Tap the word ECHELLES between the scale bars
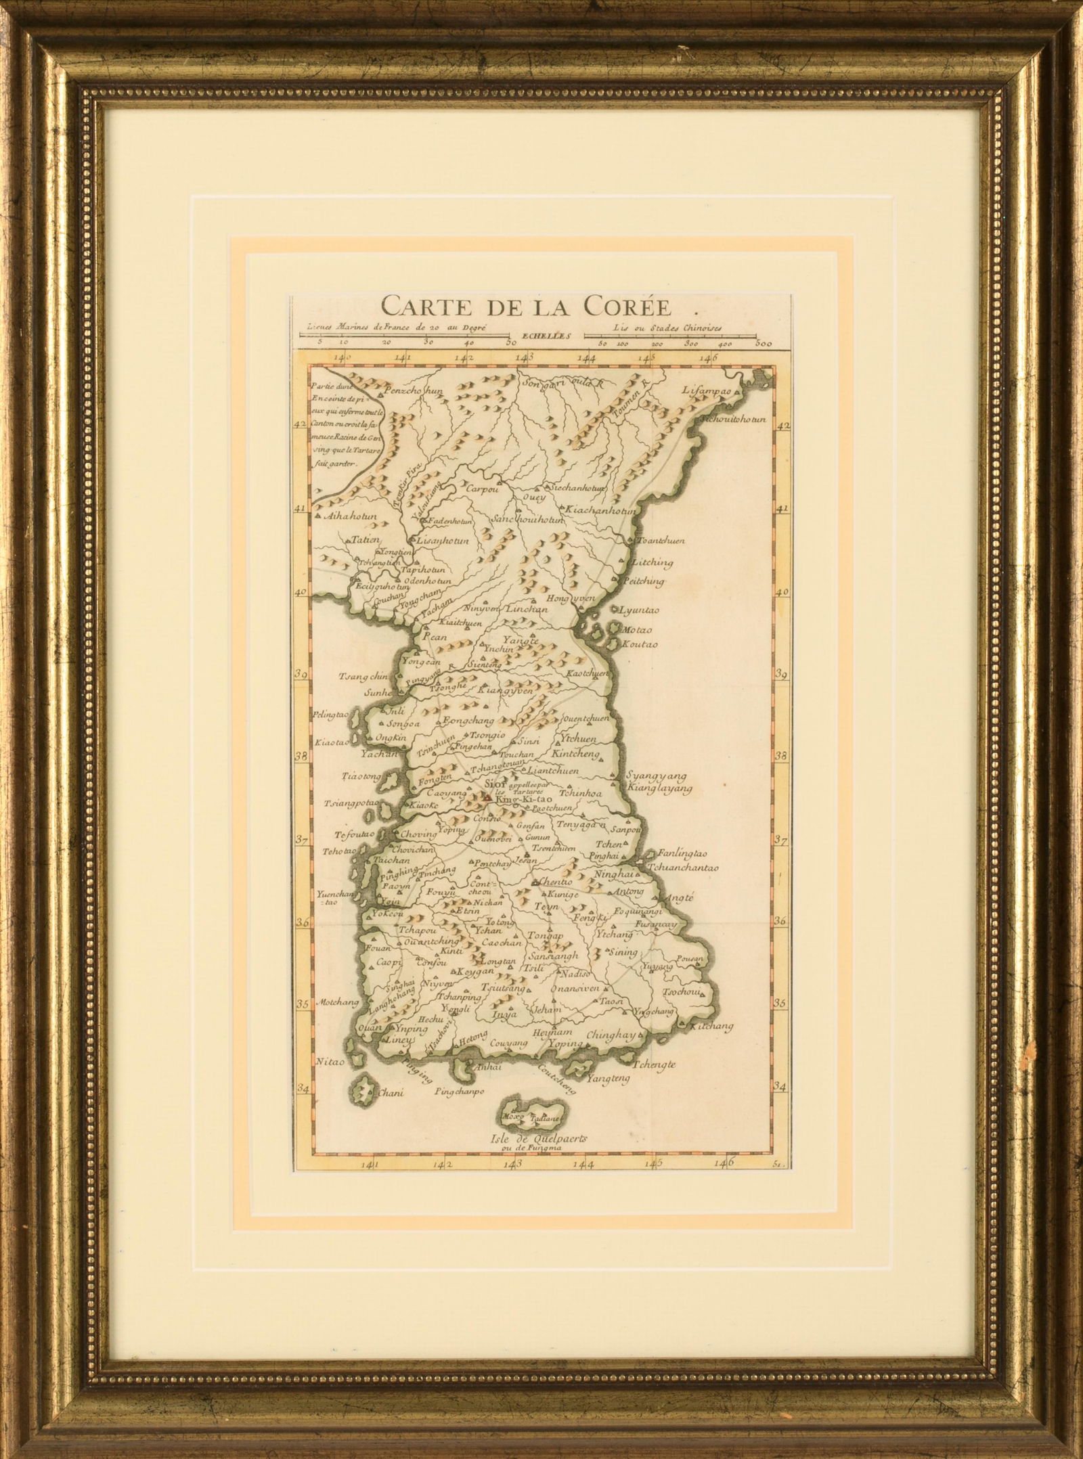(x=546, y=334)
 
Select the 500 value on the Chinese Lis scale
(x=764, y=344)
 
